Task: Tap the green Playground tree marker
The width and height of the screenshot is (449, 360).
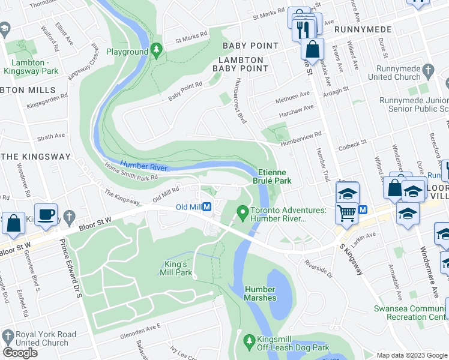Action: [157, 52]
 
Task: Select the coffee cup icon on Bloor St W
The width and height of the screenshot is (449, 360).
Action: [46, 214]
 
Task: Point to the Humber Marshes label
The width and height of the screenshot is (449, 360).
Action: [260, 293]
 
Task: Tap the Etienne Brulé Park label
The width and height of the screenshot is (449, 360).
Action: [274, 176]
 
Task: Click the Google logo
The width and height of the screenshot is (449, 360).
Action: [21, 352]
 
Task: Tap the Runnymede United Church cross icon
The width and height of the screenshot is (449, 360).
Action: [428, 73]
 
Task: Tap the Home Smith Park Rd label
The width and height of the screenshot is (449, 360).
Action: [131, 173]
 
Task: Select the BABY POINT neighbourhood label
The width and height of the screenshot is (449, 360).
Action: [250, 46]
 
